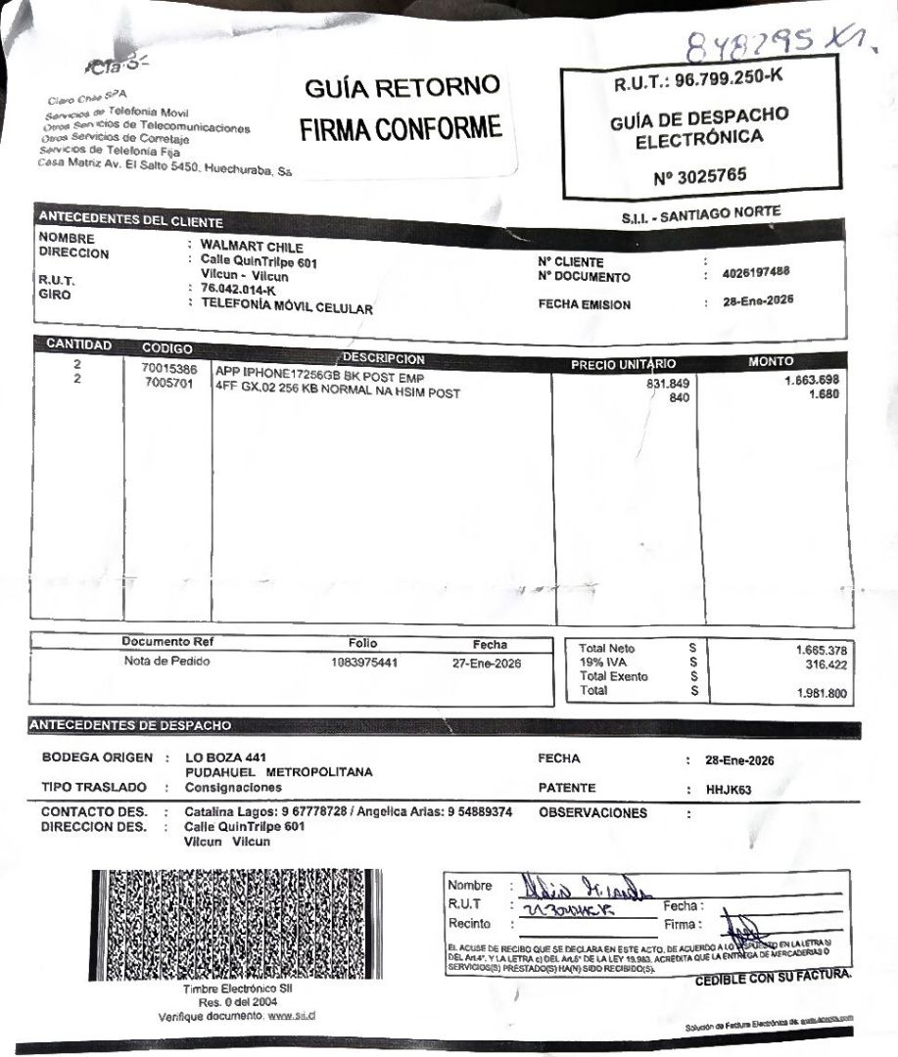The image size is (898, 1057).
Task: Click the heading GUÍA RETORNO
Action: point(402,87)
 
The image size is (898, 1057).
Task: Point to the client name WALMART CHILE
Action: point(252,247)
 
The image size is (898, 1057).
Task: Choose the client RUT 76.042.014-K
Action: point(238,291)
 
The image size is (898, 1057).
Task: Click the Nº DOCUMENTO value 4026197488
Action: point(756,273)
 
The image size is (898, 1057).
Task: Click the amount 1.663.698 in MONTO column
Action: point(812,380)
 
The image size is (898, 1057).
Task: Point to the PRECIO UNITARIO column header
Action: point(623,364)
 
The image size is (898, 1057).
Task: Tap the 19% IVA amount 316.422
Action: point(825,666)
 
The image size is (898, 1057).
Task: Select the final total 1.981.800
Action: point(823,694)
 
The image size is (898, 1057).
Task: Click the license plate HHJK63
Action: point(728,790)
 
